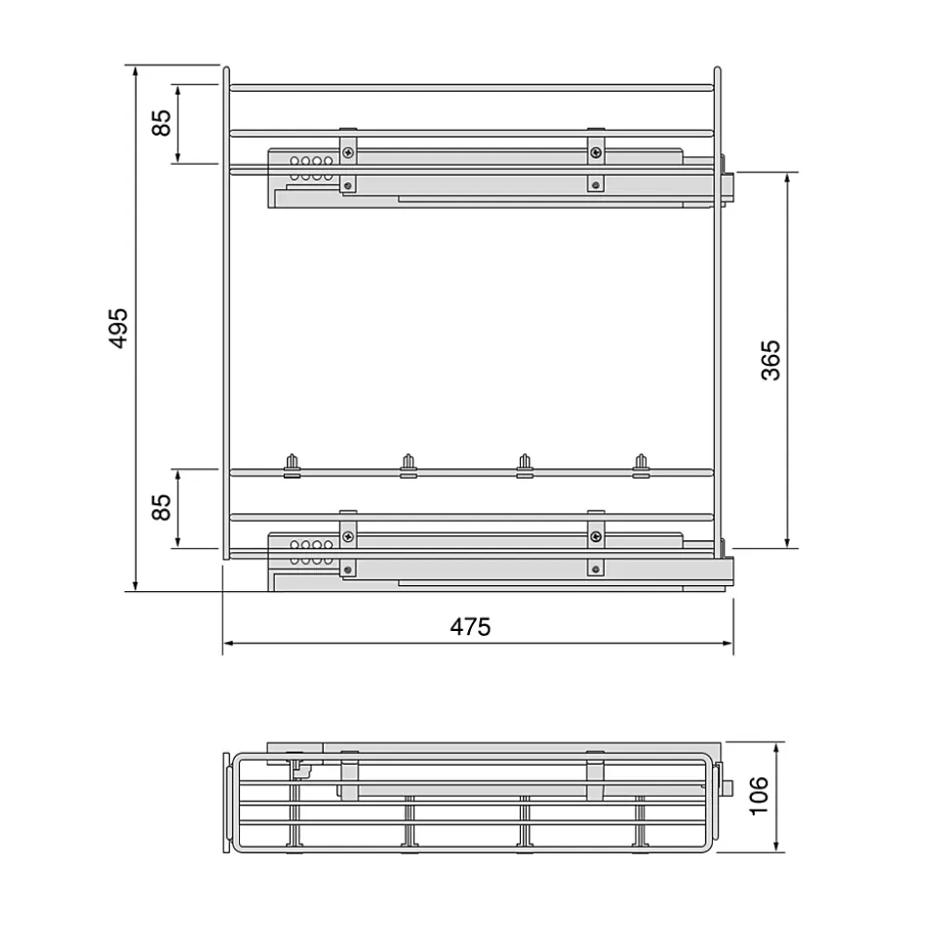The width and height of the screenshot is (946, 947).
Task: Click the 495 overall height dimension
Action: click(117, 329)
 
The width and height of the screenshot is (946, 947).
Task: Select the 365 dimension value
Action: click(770, 359)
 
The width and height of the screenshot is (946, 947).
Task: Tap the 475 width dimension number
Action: click(470, 627)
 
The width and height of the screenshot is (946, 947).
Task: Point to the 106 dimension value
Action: click(760, 795)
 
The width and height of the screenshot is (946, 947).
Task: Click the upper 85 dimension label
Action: click(162, 122)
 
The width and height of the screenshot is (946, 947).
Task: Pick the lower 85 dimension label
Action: click(162, 507)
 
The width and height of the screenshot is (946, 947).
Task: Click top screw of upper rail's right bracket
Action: click(594, 150)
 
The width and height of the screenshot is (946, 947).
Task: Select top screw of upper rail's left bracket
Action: click(347, 150)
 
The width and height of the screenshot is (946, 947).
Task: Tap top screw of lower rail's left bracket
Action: click(347, 534)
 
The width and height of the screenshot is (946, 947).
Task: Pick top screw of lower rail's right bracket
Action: click(594, 534)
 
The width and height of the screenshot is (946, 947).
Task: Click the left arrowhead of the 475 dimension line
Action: click(228, 643)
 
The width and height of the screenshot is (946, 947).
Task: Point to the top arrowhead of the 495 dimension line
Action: click(136, 71)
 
